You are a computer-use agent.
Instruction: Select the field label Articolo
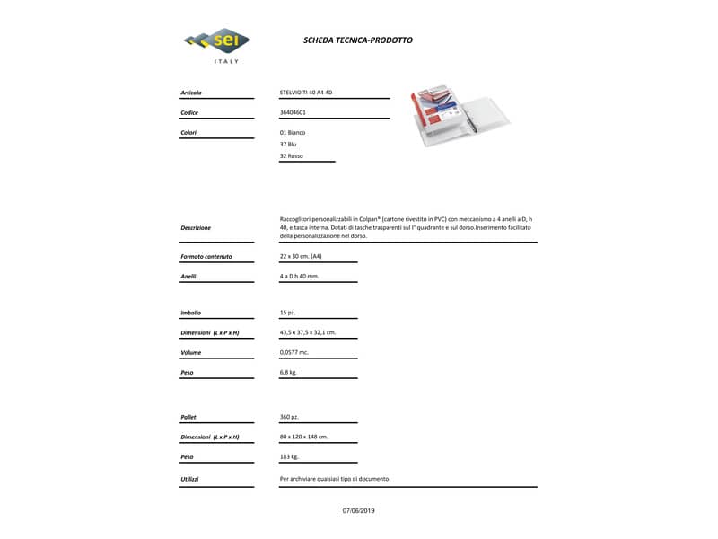click(191, 93)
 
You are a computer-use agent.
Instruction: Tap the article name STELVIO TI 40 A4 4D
click(306, 93)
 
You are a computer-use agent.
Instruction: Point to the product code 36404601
click(293, 112)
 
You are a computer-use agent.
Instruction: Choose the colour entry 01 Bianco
click(293, 132)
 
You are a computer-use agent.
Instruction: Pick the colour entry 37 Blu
click(288, 144)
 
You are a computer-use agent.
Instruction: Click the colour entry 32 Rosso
click(292, 156)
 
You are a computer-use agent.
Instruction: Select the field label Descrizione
click(196, 228)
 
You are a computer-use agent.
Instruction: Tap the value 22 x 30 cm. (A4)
click(301, 257)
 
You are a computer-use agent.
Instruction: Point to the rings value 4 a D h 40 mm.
click(300, 276)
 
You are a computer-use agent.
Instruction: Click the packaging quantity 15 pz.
click(288, 313)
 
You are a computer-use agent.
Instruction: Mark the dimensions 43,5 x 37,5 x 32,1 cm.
click(308, 332)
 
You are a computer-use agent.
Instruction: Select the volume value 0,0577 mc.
click(294, 352)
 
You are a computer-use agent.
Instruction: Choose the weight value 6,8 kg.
click(288, 372)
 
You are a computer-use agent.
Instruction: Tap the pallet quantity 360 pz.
click(289, 417)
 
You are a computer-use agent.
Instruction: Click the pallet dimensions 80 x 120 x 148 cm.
click(304, 437)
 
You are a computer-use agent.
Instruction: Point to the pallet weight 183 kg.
click(289, 456)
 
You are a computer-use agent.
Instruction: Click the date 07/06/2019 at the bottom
click(359, 510)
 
